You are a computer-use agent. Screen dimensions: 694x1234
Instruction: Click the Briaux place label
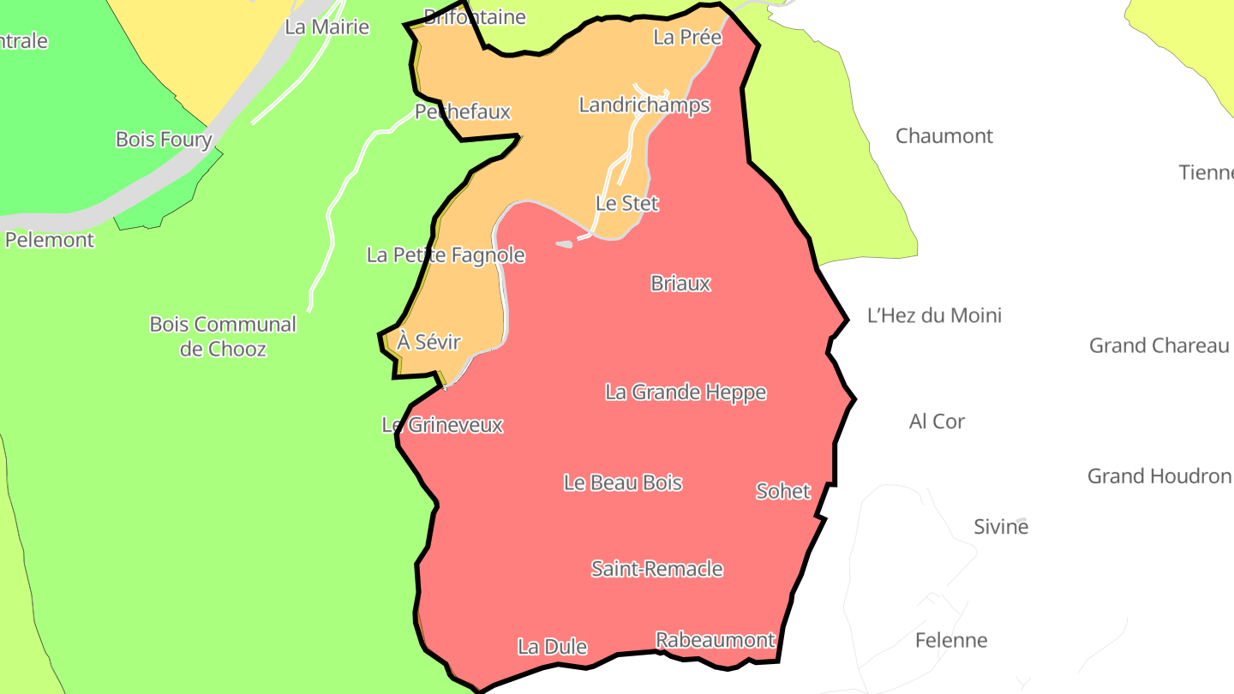pos(680,283)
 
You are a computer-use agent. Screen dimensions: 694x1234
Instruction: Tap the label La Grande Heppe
pos(686,392)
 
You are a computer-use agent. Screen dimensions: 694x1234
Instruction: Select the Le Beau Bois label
pos(623,482)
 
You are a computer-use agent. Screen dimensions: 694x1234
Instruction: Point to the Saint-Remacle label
pos(657,569)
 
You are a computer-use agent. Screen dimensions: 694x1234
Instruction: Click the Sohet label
pos(783,491)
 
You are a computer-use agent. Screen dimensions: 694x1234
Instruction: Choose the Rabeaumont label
pos(716,640)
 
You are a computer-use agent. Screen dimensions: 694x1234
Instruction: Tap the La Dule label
pos(552,647)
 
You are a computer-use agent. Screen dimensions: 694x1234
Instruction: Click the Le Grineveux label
pos(442,425)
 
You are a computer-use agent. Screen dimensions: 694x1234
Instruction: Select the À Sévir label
pos(429,343)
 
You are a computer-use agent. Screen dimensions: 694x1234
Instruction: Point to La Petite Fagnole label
pos(446,255)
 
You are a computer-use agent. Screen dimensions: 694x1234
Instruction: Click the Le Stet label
pos(627,204)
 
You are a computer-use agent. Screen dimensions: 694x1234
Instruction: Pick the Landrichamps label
pos(644,105)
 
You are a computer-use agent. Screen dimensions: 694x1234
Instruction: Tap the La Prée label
pos(687,38)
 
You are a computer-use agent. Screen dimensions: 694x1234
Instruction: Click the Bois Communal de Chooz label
pos(223,337)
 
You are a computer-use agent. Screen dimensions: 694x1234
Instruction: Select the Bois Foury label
pos(164,140)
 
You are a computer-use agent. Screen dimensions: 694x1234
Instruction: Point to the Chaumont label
pos(944,136)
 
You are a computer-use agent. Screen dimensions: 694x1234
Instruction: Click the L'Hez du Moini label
pos(934,315)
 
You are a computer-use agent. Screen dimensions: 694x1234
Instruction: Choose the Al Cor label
pos(937,422)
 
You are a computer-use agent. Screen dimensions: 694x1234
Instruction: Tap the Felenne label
pos(951,640)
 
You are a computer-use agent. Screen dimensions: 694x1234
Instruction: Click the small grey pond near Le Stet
pos(564,244)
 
